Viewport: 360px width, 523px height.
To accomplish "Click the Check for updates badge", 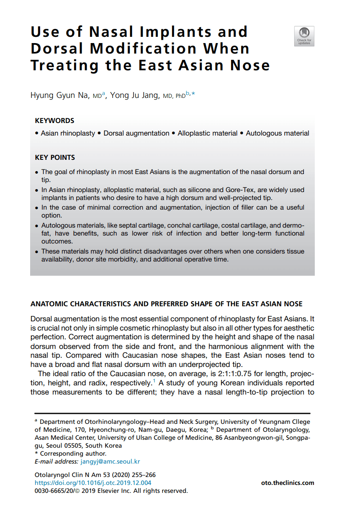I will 304,36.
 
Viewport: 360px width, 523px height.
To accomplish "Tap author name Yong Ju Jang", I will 135,95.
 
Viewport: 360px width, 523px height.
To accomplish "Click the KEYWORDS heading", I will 54,121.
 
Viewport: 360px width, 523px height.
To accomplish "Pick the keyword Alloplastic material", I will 207,133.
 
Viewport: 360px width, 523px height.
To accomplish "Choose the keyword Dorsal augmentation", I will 136,133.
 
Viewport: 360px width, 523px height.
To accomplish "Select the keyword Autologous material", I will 278,133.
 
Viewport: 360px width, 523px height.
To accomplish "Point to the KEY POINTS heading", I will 55,158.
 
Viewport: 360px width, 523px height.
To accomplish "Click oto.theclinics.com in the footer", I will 287,483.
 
